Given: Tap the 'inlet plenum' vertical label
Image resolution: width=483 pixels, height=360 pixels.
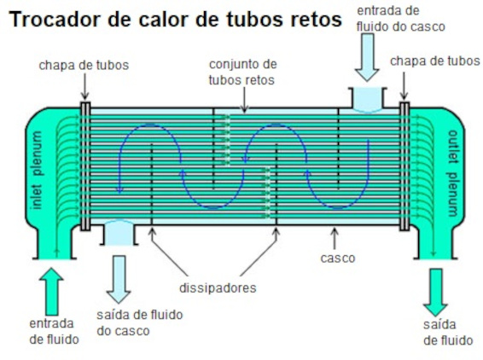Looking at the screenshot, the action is [x=37, y=171].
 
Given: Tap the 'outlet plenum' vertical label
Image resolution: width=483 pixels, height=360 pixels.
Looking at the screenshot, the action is [x=452, y=173].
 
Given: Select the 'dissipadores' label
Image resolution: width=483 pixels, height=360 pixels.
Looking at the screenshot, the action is [x=218, y=288].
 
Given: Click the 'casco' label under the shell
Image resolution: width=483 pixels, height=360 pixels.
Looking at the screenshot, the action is [x=338, y=258].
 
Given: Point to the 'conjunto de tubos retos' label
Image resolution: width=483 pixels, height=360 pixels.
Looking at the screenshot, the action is [x=242, y=73].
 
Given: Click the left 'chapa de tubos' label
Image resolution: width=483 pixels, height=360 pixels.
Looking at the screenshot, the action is [x=84, y=66].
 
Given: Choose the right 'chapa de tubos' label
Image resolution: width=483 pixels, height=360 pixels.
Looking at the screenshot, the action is [x=435, y=61].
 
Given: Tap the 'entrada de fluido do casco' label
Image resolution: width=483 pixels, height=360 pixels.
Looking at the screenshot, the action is [x=401, y=19].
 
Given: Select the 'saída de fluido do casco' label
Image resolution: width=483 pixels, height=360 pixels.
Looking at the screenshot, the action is [x=140, y=322].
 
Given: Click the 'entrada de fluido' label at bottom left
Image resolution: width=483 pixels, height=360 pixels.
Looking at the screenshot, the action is [x=55, y=332].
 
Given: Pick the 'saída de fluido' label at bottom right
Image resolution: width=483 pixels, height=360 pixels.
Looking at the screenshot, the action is [x=448, y=333].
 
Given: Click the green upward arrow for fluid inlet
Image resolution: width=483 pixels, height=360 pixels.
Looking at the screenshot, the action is [x=51, y=291].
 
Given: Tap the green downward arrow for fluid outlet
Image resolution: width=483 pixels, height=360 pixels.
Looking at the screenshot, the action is [x=435, y=293].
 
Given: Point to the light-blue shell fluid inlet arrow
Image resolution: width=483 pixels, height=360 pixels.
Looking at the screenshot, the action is [x=367, y=58].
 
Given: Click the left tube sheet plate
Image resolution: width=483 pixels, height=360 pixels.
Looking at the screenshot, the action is [x=85, y=166].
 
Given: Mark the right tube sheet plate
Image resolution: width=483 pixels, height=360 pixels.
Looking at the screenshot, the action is [x=404, y=166].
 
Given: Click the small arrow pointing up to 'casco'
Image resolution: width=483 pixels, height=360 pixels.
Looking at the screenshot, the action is [x=335, y=238].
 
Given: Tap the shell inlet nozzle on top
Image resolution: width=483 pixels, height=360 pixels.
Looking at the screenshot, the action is [x=368, y=99].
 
